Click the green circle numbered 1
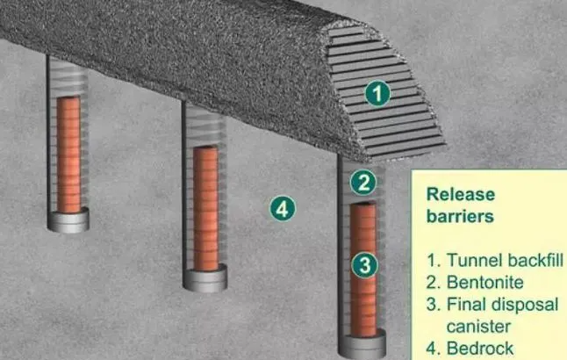pos(377,93)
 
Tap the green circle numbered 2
pos(363,183)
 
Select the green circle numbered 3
pos(365,265)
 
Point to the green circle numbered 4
pos(283,209)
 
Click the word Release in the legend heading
pos(461,195)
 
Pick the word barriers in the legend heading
pos(460,216)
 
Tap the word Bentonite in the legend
pos(484,282)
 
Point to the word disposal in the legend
pos(523,305)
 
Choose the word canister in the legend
pos(478,327)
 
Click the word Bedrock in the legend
pos(480,349)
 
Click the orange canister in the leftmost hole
pos(68,155)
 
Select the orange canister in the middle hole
pos(205,208)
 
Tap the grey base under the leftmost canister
pos(68,220)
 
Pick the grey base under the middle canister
pos(205,277)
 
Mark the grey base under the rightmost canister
pos(362,344)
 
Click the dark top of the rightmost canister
pos(362,205)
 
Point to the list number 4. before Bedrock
pos(434,349)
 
